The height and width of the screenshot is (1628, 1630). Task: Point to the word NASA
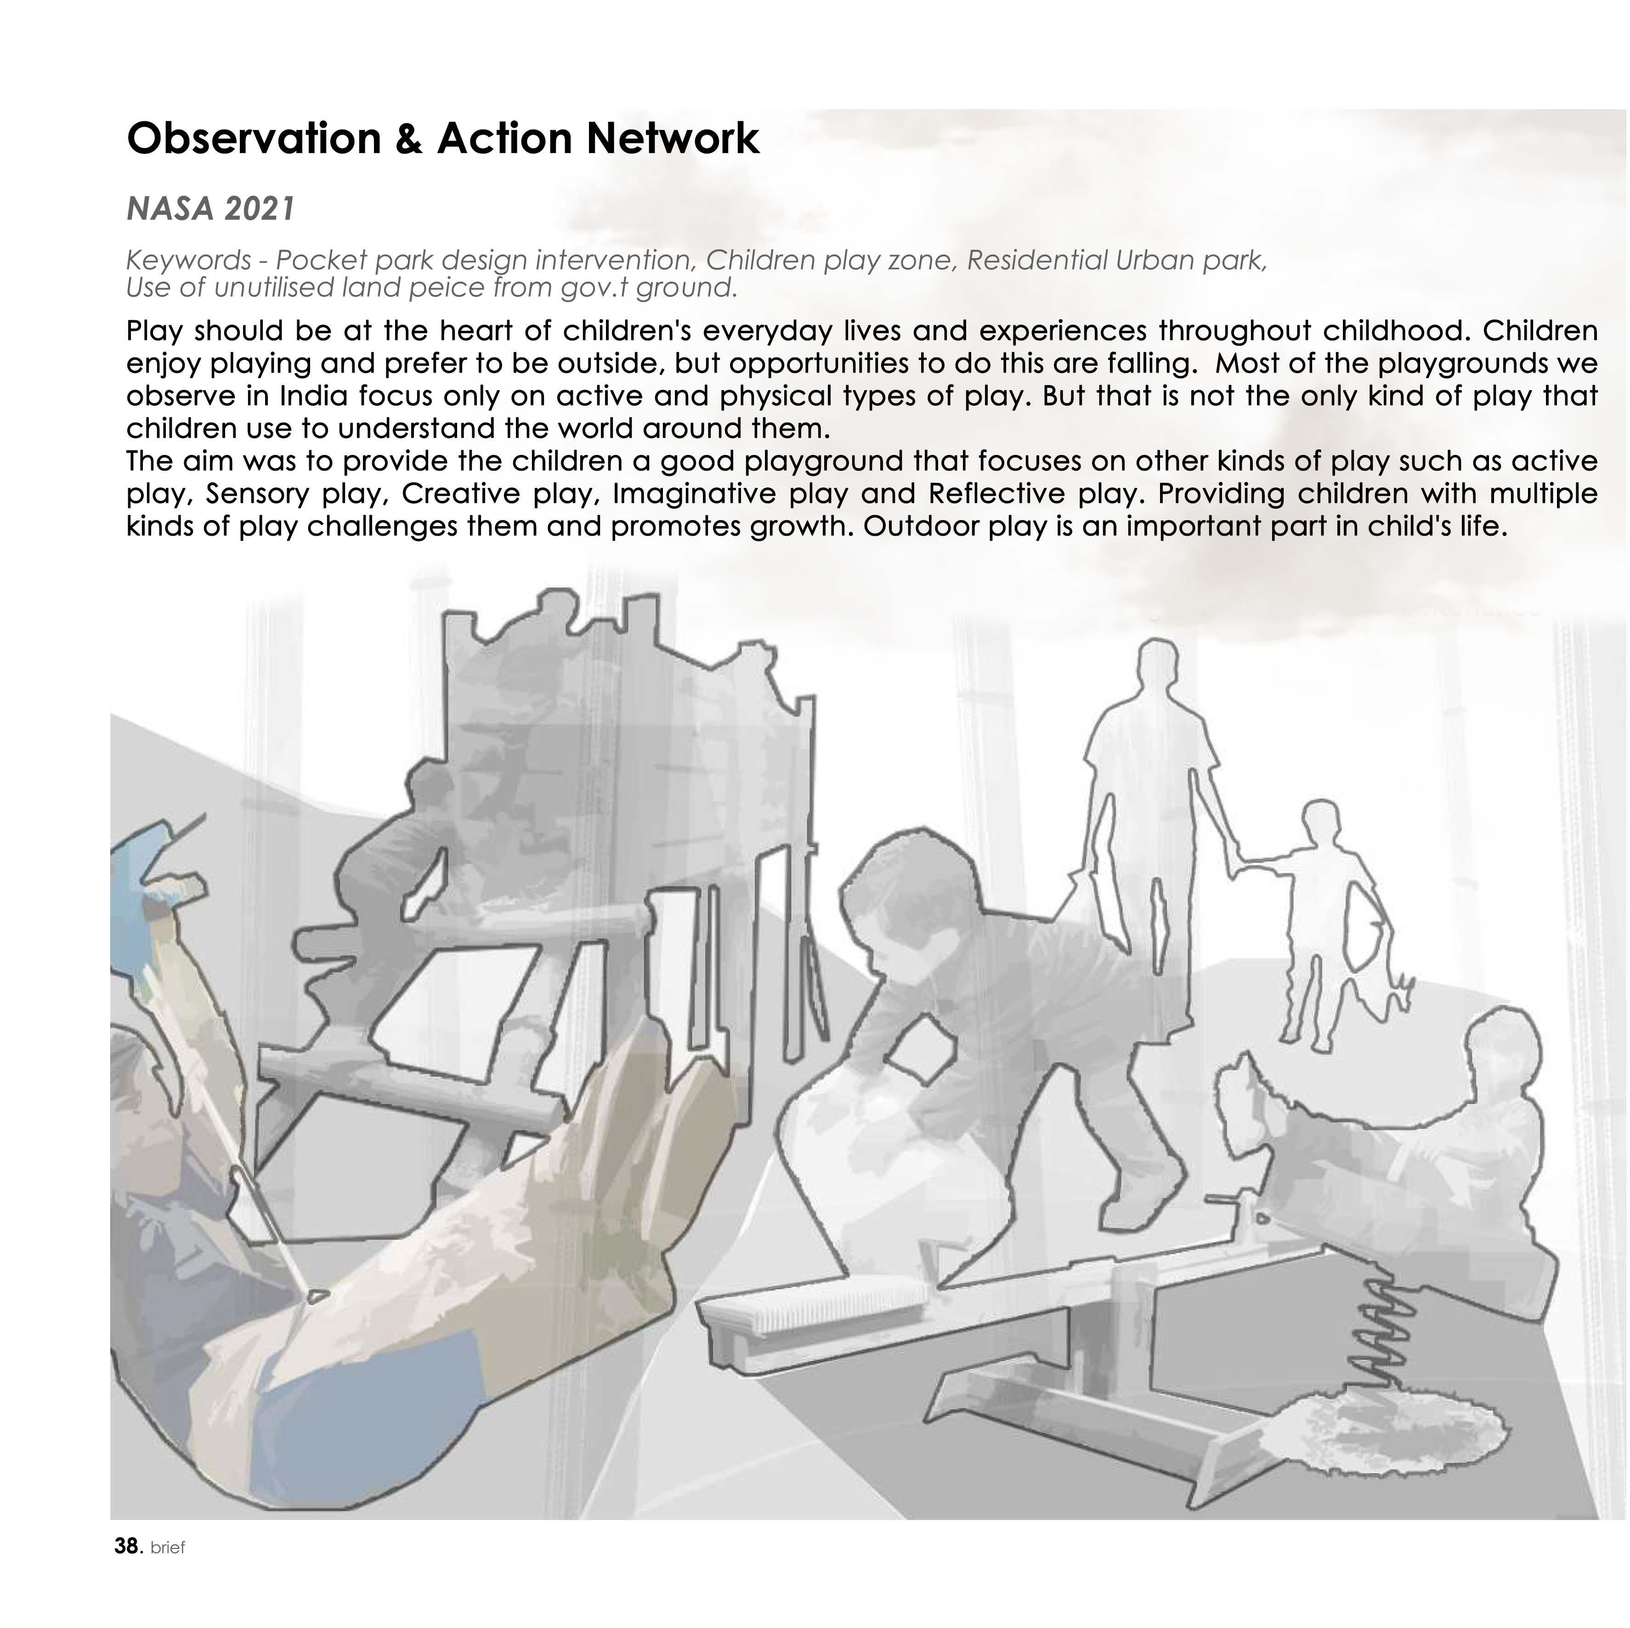pyautogui.click(x=170, y=209)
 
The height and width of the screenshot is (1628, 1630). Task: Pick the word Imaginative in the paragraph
pyautogui.click(x=694, y=493)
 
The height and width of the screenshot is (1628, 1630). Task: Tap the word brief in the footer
pyautogui.click(x=167, y=1571)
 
